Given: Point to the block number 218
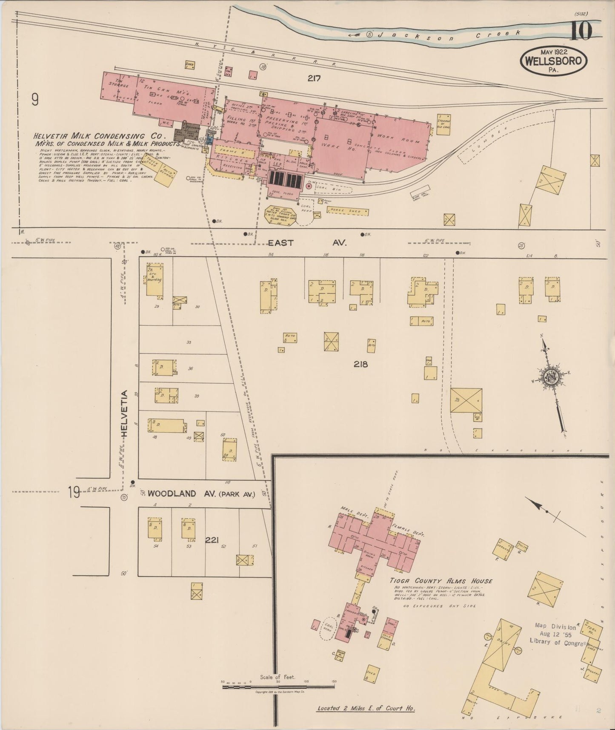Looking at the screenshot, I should [x=360, y=364].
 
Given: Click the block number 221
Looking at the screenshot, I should [x=212, y=540].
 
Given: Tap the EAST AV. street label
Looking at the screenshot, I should [x=307, y=243].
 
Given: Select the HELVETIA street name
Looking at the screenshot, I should [x=125, y=413].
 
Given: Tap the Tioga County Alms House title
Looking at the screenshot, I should [x=441, y=581].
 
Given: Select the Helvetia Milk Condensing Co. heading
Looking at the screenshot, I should [x=98, y=136].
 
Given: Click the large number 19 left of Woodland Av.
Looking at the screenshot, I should [x=74, y=493].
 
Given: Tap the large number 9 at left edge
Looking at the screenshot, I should [x=35, y=100].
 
